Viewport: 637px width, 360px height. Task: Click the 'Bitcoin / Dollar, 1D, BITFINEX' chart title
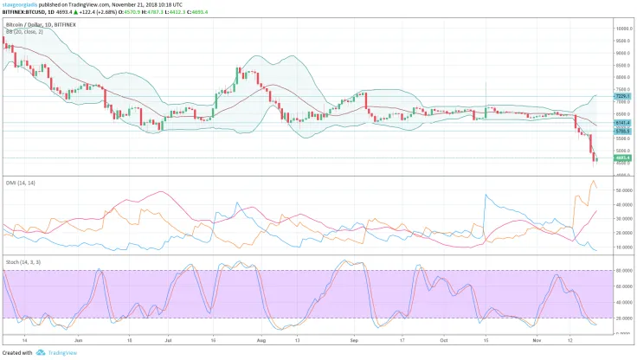40,26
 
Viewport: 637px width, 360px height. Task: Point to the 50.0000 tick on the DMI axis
620,189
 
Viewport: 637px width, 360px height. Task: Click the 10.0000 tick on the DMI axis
620,247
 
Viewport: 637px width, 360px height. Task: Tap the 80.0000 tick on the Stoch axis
620,271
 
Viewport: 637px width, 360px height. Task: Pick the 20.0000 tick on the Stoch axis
620,318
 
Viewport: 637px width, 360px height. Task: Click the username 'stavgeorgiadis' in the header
22,4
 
